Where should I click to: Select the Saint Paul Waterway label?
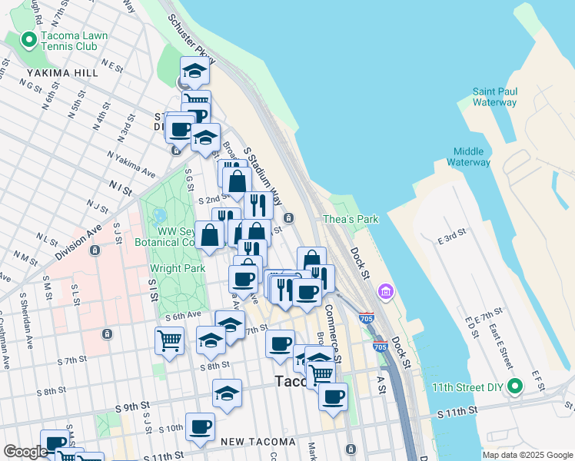(494, 97)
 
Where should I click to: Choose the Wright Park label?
(177, 268)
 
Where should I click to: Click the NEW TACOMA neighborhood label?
(257, 442)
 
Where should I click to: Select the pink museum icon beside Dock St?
(385, 292)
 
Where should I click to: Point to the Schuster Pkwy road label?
(191, 39)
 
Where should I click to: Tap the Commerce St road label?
(333, 323)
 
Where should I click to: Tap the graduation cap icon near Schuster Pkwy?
(195, 71)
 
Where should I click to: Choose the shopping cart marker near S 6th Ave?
(169, 339)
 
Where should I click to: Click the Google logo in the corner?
(25, 452)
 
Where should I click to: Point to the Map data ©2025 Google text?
(527, 455)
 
